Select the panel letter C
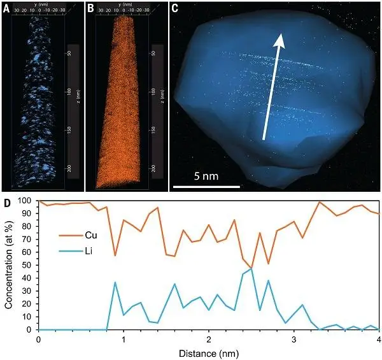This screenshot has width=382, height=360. (x=174, y=8)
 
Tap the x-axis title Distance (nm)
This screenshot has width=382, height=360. (x=208, y=352)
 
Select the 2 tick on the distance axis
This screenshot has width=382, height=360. (x=209, y=339)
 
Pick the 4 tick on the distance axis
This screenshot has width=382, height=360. (x=378, y=339)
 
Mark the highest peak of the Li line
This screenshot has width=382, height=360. (x=251, y=269)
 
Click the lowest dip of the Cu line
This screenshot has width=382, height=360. (x=251, y=268)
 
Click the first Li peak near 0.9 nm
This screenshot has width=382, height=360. (x=115, y=282)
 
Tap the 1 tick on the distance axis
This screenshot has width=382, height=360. (x=124, y=339)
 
